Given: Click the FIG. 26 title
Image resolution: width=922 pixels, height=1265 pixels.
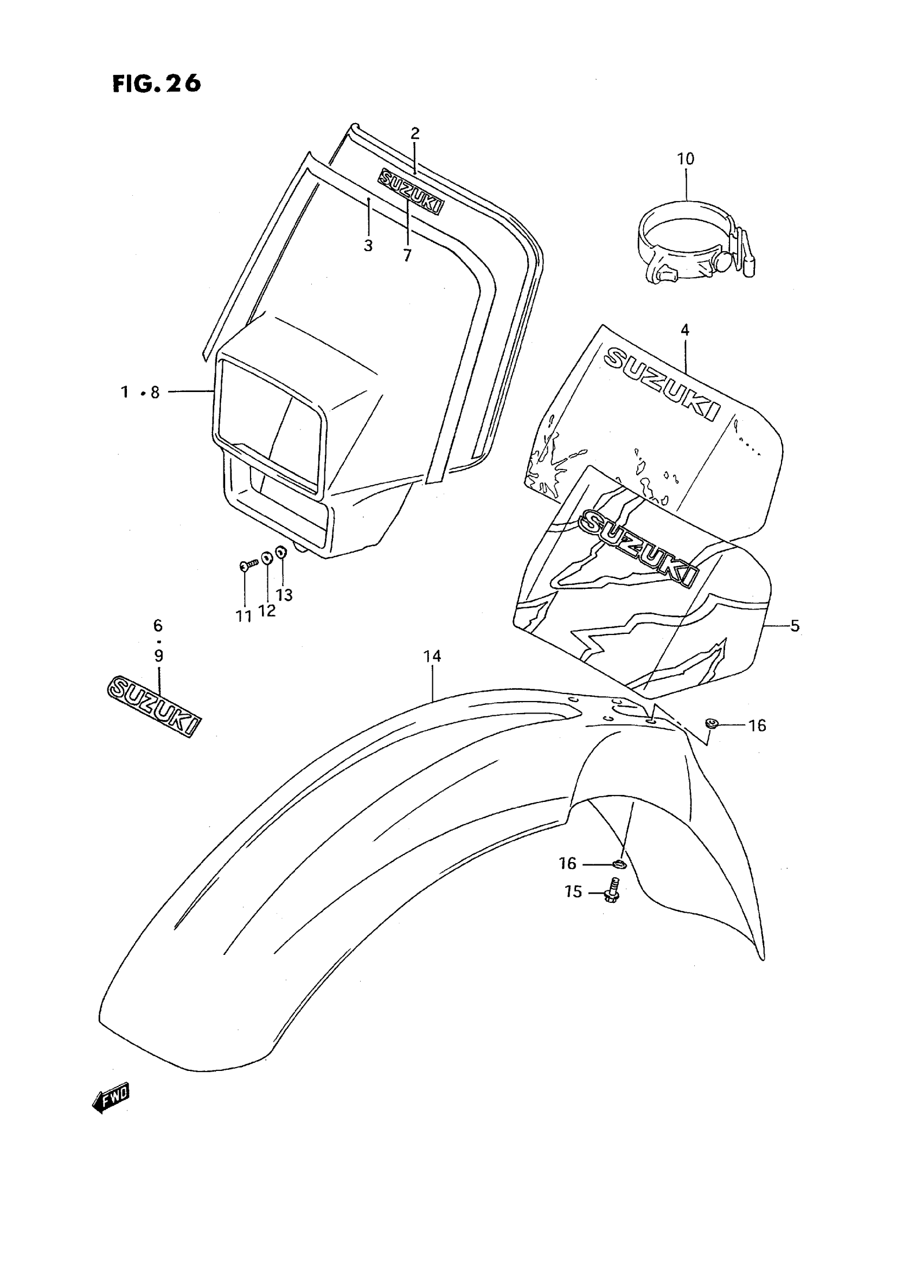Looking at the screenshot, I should coord(156,83).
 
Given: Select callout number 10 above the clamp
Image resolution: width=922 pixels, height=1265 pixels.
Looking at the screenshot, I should coord(686,159).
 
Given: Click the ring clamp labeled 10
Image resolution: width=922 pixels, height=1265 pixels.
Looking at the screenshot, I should coord(695,246).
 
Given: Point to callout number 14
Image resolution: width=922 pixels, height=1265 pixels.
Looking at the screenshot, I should coord(432,657).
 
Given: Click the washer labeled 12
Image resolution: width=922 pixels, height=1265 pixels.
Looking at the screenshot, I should coord(267,557).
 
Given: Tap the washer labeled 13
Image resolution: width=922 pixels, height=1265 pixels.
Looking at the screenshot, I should coord(281,552).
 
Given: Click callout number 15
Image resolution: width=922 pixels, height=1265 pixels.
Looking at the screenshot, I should coord(573,892).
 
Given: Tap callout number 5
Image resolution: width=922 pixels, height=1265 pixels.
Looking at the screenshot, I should coord(795,626).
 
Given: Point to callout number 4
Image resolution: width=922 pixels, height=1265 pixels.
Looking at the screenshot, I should coord(685,330).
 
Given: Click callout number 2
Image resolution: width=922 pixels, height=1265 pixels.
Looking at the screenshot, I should coord(415,133).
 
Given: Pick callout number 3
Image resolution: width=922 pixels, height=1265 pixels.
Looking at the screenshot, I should coord(368,246).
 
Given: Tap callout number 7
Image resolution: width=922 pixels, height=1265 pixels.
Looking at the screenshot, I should coord(407,255).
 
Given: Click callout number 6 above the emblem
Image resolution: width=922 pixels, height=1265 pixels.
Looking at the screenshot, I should coord(158,626).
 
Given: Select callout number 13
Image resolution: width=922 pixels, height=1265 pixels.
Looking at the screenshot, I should coord(284,595).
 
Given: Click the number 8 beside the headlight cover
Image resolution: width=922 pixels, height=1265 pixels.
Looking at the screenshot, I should coord(155,393).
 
